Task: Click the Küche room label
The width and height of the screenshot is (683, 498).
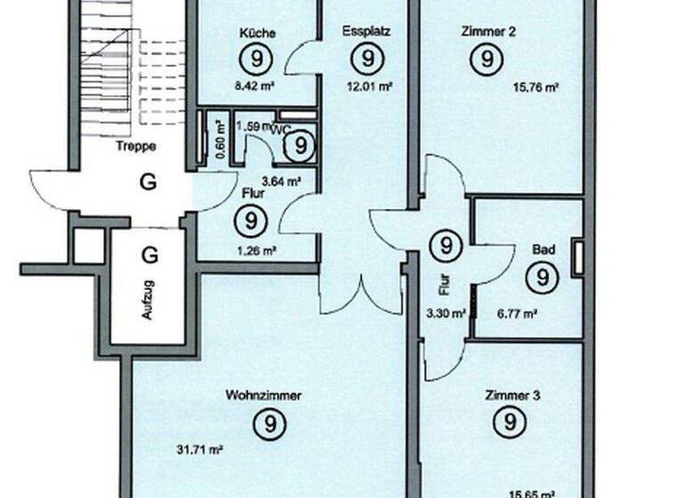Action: (x=258, y=33)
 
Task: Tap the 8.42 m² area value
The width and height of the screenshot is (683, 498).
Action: (x=256, y=88)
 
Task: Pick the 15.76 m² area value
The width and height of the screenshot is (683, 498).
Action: (x=535, y=87)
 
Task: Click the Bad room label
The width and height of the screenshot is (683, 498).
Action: (x=543, y=251)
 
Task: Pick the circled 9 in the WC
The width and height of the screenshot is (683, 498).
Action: (x=302, y=144)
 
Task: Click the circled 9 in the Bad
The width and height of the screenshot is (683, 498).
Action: (x=542, y=279)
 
